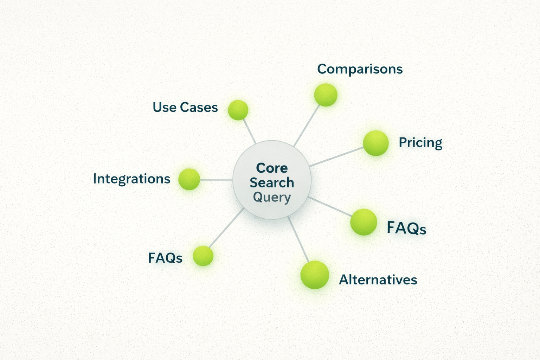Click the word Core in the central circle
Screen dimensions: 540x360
coord(272,168)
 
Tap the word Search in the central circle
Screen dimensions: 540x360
coord(272,183)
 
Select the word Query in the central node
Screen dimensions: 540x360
coord(272,197)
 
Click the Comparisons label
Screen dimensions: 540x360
coord(360,69)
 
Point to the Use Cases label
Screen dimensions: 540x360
coord(185,107)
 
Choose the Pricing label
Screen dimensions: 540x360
coord(420,143)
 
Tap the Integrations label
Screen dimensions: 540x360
coord(131,179)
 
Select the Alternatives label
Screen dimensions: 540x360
coord(378,280)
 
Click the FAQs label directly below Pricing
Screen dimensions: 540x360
coord(406,228)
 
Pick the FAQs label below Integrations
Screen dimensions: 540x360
coord(165,258)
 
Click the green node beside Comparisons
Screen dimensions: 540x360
coord(326,95)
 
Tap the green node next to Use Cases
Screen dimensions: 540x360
coord(238,110)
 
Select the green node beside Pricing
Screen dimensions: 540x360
coord(376,143)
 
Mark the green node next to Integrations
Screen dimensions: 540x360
coord(189,179)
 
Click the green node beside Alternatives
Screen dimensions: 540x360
coord(315,275)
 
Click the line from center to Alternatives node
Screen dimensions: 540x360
coord(298,240)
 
